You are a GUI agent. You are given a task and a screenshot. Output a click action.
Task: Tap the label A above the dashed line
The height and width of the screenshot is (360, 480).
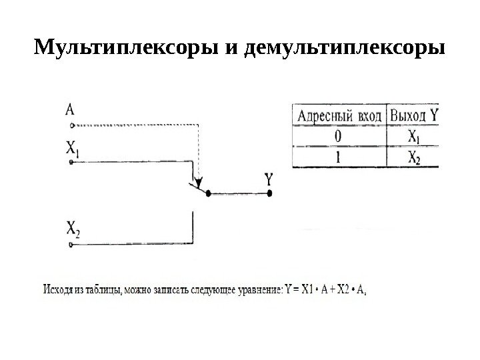pos(70,109)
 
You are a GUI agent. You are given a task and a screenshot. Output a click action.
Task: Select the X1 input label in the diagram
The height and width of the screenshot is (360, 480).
pos(72,147)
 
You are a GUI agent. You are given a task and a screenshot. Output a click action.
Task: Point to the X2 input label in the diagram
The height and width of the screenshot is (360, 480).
pos(73,230)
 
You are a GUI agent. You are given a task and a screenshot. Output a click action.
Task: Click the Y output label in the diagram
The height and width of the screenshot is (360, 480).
pos(269,179)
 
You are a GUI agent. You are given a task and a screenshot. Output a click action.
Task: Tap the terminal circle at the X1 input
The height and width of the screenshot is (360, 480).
pos(69,161)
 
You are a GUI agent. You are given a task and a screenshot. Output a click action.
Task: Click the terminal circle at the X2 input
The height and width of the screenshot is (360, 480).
pos(69,245)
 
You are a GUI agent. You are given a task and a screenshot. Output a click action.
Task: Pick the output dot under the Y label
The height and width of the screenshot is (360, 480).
pos(270,194)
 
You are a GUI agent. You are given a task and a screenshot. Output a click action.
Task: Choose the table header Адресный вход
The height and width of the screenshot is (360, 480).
pos(339,116)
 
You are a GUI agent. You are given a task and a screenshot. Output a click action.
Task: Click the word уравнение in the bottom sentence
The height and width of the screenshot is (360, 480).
pos(258,290)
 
